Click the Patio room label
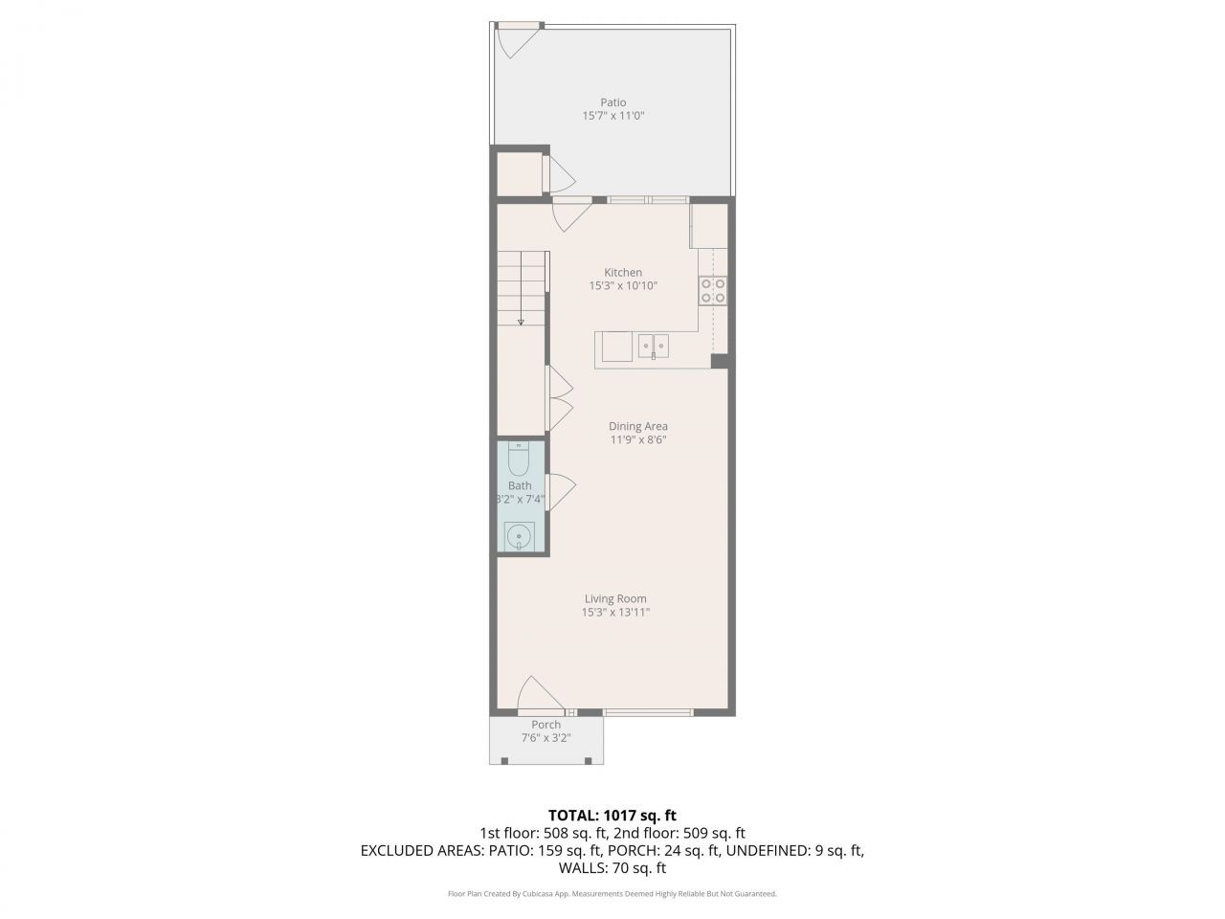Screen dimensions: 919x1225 pos(612,102)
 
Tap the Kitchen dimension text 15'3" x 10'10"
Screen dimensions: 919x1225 pos(623,285)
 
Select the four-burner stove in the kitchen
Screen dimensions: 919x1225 pos(712,289)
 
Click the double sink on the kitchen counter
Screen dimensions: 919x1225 pos(654,344)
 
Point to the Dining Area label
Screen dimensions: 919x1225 pos(638,427)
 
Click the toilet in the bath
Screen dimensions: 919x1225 pos(519,460)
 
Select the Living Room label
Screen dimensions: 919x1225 pos(615,599)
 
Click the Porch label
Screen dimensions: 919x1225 pos(546,725)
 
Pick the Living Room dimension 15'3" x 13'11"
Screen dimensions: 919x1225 pos(615,613)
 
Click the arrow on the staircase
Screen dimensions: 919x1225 pos(521,322)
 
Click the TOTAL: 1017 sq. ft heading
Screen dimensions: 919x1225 pos(612,816)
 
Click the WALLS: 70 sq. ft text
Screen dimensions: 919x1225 pos(612,868)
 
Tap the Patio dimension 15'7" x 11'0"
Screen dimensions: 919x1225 pos(612,116)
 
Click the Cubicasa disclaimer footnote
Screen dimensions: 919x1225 pos(612,894)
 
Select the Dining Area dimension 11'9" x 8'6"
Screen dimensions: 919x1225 pos(638,440)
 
